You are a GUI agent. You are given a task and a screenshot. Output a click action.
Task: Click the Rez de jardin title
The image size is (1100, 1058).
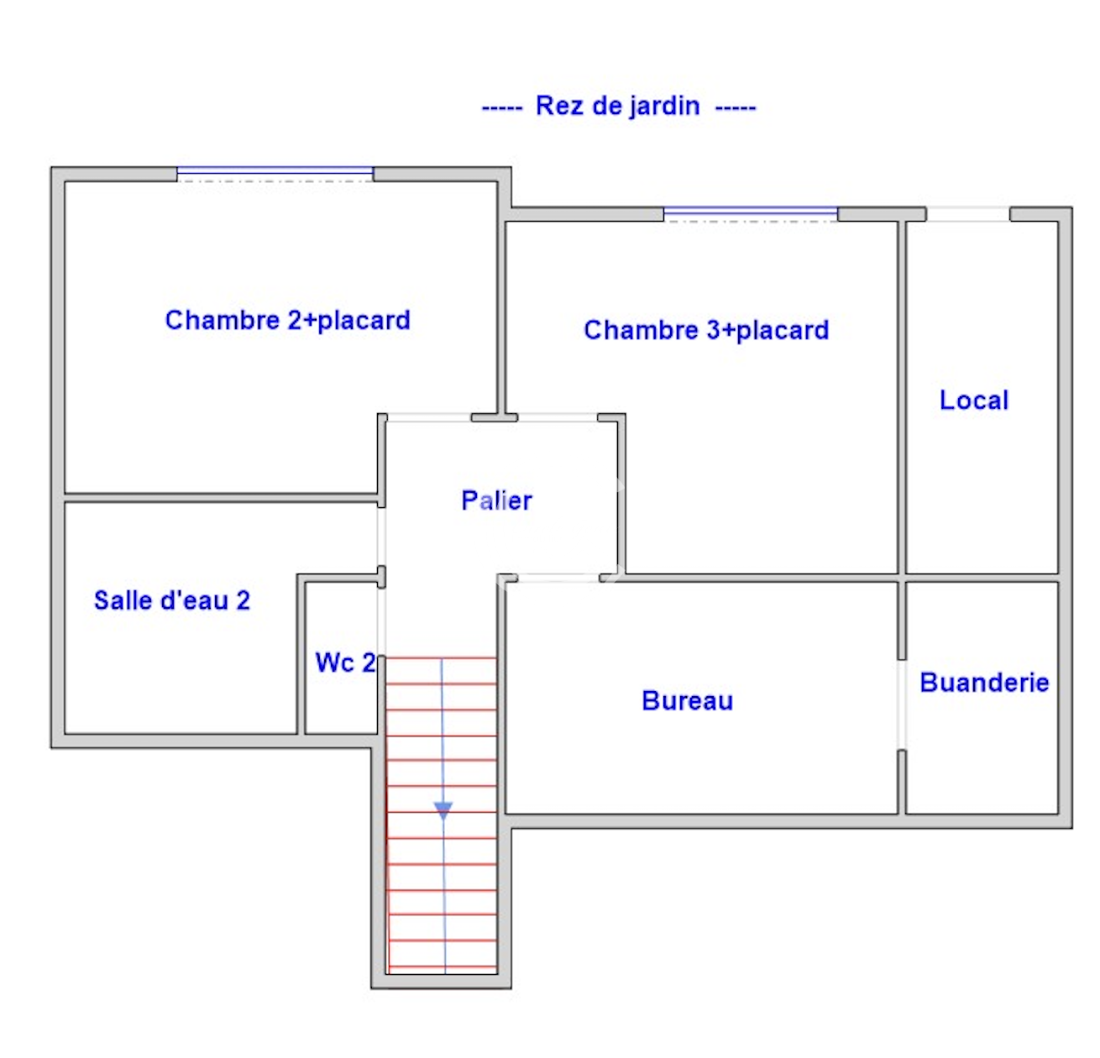coord(618,107)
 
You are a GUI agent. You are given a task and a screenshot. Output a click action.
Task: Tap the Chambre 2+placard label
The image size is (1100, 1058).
coord(287,321)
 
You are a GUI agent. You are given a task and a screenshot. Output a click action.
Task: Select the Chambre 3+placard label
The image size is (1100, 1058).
coord(706,330)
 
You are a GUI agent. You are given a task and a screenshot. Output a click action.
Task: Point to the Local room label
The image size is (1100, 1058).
coord(973,401)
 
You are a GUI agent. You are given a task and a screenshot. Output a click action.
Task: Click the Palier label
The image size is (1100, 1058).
coord(496,500)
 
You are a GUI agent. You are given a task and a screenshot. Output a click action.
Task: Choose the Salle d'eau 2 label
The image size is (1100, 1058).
coord(172,600)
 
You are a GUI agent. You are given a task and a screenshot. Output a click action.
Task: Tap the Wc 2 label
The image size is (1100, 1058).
coord(345,663)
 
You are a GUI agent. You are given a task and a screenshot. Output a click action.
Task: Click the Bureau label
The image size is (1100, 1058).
coord(688,701)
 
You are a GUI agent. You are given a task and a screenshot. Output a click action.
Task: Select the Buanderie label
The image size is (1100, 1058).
coord(984,682)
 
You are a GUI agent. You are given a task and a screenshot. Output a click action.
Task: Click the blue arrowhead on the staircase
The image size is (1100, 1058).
coord(443,810)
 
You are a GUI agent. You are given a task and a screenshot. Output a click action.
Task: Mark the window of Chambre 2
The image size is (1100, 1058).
coord(275,174)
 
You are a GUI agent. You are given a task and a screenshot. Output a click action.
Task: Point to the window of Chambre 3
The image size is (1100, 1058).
coord(750,214)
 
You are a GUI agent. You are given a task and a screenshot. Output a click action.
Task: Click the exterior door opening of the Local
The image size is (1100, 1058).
coord(967,214)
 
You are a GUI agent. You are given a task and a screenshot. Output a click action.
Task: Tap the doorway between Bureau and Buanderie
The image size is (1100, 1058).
coord(902,705)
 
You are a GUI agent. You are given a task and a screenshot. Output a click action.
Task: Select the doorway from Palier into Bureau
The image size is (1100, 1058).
coord(558,579)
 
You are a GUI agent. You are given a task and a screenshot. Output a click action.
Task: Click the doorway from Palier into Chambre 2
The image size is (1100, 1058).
coord(429,417)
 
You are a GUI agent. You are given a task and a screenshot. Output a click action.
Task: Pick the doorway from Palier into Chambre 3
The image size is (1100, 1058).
coord(558,417)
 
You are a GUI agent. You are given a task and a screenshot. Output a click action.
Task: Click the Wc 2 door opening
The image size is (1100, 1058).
coord(381,621)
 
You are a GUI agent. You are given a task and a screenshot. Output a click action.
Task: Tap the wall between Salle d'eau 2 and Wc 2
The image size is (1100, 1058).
coord(301,656)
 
